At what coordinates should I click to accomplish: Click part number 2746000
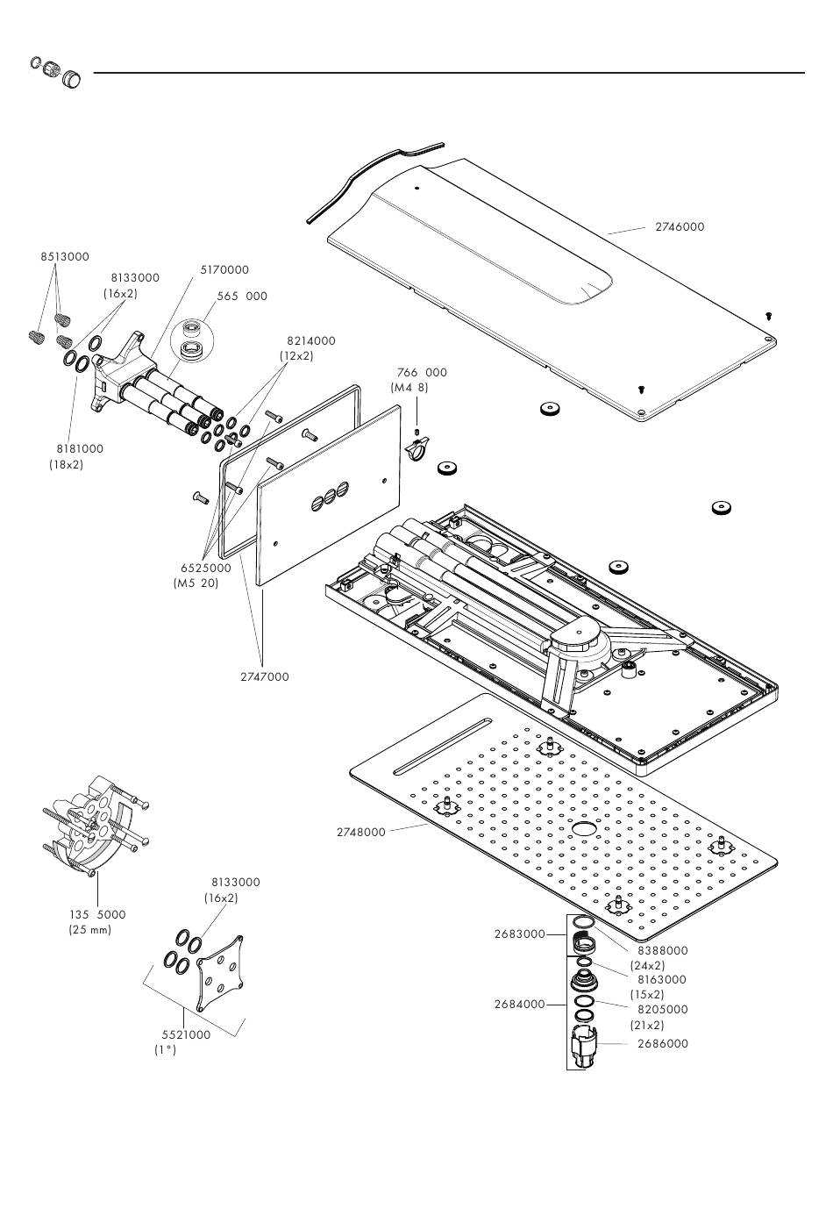coord(680,226)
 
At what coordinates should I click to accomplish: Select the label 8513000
coord(65,257)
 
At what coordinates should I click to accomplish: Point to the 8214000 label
coord(310,340)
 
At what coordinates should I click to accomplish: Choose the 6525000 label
coord(206,568)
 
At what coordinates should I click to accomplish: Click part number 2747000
coord(264,676)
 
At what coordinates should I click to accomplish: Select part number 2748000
coord(361,832)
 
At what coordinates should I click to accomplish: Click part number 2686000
coord(663,1043)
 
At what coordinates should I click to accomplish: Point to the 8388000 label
coord(663,950)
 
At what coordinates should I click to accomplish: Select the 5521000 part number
coord(186,1034)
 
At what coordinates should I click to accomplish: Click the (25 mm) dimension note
coord(89,929)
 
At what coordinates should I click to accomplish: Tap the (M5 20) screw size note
coord(196,583)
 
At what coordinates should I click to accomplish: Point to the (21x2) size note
coord(647,1025)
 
